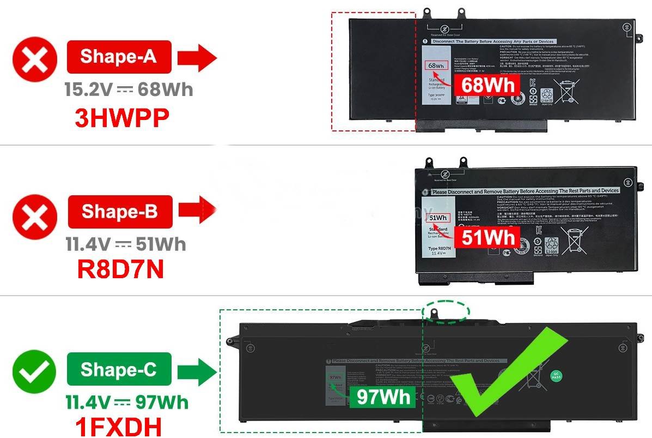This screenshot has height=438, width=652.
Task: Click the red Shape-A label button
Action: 119,56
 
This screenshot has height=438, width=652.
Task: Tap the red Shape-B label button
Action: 120,211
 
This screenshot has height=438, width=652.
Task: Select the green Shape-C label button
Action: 119,369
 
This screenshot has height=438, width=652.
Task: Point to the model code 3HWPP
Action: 121,118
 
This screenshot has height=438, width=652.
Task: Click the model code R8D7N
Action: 121,269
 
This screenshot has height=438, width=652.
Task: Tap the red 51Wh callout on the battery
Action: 489,237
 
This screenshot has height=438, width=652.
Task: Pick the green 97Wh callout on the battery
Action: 383,397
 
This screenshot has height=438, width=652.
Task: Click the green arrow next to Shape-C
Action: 198,371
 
